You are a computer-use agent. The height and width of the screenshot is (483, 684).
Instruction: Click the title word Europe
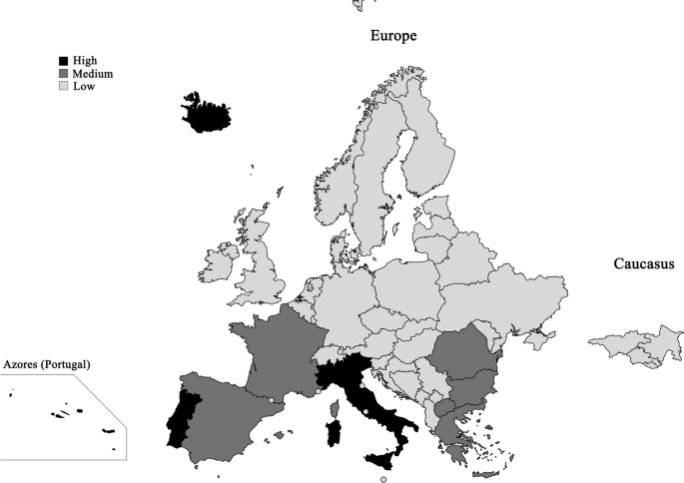click(x=392, y=36)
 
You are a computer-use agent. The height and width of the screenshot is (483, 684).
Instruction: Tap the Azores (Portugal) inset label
click(x=47, y=365)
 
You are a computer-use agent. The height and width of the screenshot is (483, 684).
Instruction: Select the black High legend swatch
click(x=63, y=61)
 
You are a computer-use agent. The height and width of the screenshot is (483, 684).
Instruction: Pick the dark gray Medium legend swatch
click(x=63, y=74)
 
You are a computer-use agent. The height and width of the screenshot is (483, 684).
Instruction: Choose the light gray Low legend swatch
click(x=63, y=87)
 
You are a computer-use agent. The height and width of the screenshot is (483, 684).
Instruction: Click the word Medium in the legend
click(x=92, y=74)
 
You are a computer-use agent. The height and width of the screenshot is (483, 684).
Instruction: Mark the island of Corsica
click(x=336, y=406)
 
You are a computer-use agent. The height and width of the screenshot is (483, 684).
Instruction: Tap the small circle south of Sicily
click(x=383, y=479)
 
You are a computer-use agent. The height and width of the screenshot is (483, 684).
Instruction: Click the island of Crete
click(x=489, y=473)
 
